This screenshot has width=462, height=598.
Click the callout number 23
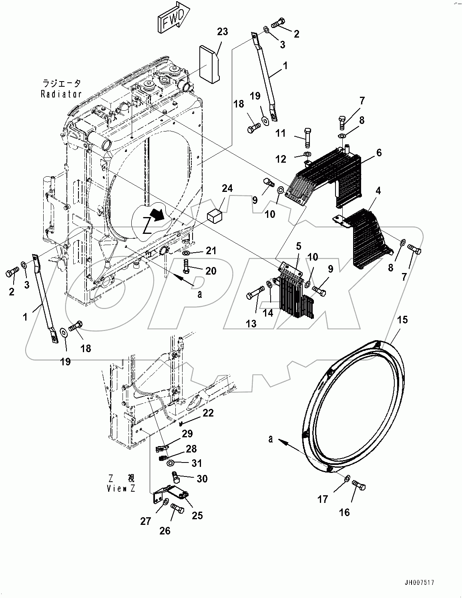tap(222, 32)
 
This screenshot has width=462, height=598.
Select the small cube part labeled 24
tap(215, 216)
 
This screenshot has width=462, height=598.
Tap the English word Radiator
tap(62, 94)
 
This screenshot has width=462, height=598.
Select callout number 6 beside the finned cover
tap(379, 152)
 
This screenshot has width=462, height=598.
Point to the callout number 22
tap(208, 413)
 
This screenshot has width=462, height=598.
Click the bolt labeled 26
tap(177, 509)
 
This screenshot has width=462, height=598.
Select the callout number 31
tap(197, 463)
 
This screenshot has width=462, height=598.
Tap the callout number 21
tap(211, 251)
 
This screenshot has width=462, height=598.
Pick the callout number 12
tap(281, 159)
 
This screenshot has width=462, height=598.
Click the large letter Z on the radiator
tap(147, 226)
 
